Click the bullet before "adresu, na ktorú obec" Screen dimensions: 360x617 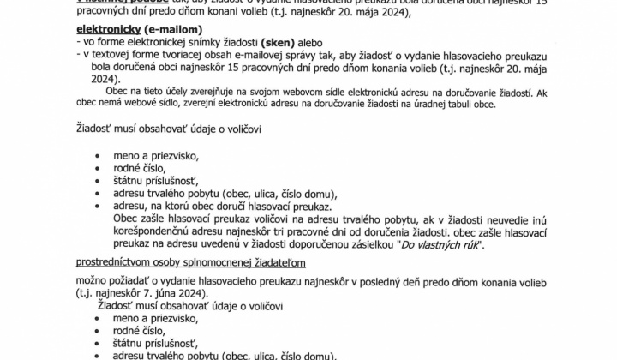coord(95,207)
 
